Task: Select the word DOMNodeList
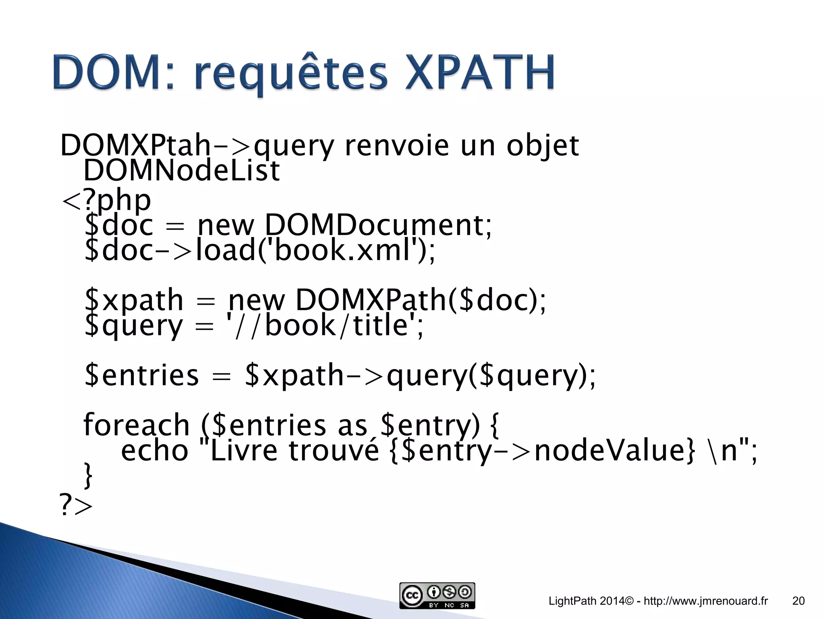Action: tap(181, 170)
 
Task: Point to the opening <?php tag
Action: tap(106, 200)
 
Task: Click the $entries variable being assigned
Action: tap(142, 375)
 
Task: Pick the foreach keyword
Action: tap(136, 425)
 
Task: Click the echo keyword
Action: tap(155, 450)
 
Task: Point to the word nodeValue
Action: tap(615, 450)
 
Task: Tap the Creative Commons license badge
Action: tap(437, 595)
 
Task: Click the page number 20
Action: tap(798, 601)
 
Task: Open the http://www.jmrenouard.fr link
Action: tap(706, 601)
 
